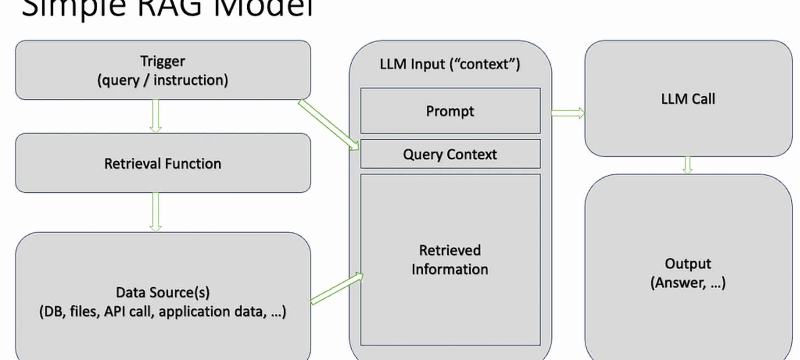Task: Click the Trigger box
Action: (x=163, y=70)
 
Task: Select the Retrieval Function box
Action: (x=163, y=163)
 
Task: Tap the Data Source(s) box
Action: (x=163, y=296)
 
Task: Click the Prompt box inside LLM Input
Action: (x=450, y=111)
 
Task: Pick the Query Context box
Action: (x=450, y=154)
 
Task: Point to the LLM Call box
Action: (x=688, y=99)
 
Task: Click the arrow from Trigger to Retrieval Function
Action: (x=156, y=116)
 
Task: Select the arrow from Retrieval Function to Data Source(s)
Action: (x=156, y=212)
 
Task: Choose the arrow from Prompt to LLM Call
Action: (x=568, y=113)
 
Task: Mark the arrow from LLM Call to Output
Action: (x=688, y=165)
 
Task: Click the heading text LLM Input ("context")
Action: (x=450, y=64)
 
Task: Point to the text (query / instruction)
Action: (x=163, y=80)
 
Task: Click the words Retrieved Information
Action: (x=450, y=260)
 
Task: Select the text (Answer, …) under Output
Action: (x=688, y=283)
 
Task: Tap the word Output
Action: (x=688, y=264)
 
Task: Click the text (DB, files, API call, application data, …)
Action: (x=163, y=311)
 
